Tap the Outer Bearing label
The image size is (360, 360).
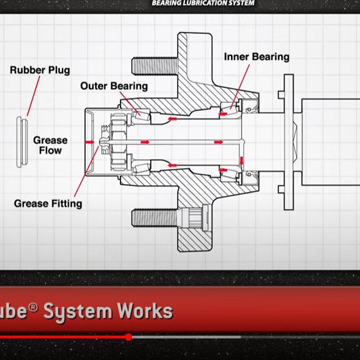click(x=114, y=86)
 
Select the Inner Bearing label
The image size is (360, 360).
click(x=257, y=56)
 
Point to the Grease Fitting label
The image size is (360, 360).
click(x=48, y=204)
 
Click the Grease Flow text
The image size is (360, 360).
click(x=50, y=145)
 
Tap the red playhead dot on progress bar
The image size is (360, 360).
click(x=128, y=337)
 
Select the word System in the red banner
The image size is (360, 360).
click(x=77, y=311)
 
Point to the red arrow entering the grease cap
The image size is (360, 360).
click(x=89, y=142)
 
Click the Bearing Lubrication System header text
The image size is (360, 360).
click(x=204, y=3)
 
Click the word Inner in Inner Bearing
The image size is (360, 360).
click(x=237, y=56)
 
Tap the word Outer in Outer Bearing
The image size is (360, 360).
click(x=95, y=86)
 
